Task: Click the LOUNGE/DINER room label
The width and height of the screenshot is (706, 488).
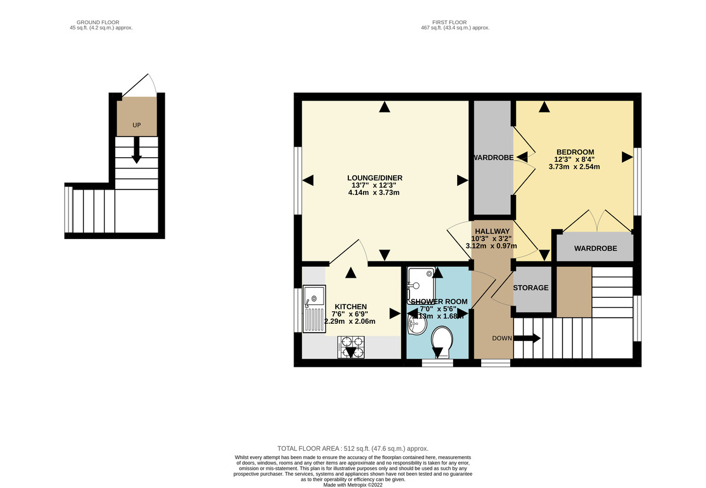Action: tap(375, 178)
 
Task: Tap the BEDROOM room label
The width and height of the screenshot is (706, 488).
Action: tap(574, 152)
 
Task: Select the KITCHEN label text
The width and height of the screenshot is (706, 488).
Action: tap(351, 307)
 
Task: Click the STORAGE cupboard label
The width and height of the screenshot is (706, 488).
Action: tap(531, 288)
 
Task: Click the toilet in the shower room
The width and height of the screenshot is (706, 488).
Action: tap(441, 341)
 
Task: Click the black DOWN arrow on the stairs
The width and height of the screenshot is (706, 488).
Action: tap(528, 338)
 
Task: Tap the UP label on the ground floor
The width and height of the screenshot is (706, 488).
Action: tap(136, 125)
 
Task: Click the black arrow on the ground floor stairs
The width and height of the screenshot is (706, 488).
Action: tap(136, 151)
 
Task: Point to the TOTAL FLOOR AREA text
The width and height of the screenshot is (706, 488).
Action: tap(352, 448)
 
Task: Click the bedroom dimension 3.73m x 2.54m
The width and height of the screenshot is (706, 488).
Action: tap(574, 167)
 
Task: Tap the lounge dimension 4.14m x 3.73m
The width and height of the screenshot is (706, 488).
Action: tap(375, 192)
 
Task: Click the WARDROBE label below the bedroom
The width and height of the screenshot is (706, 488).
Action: tap(595, 248)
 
